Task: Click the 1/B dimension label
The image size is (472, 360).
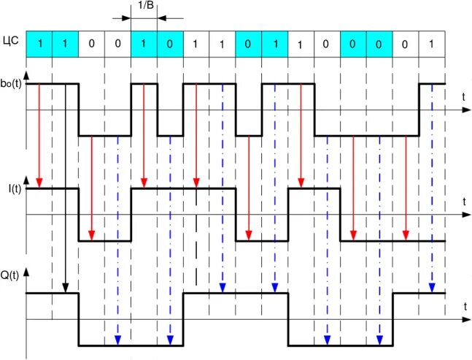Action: [144, 6]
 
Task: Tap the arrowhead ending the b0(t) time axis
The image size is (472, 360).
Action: [468, 110]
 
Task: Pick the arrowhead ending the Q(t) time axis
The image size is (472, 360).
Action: [468, 319]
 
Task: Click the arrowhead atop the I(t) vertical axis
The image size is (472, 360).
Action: [26, 179]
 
